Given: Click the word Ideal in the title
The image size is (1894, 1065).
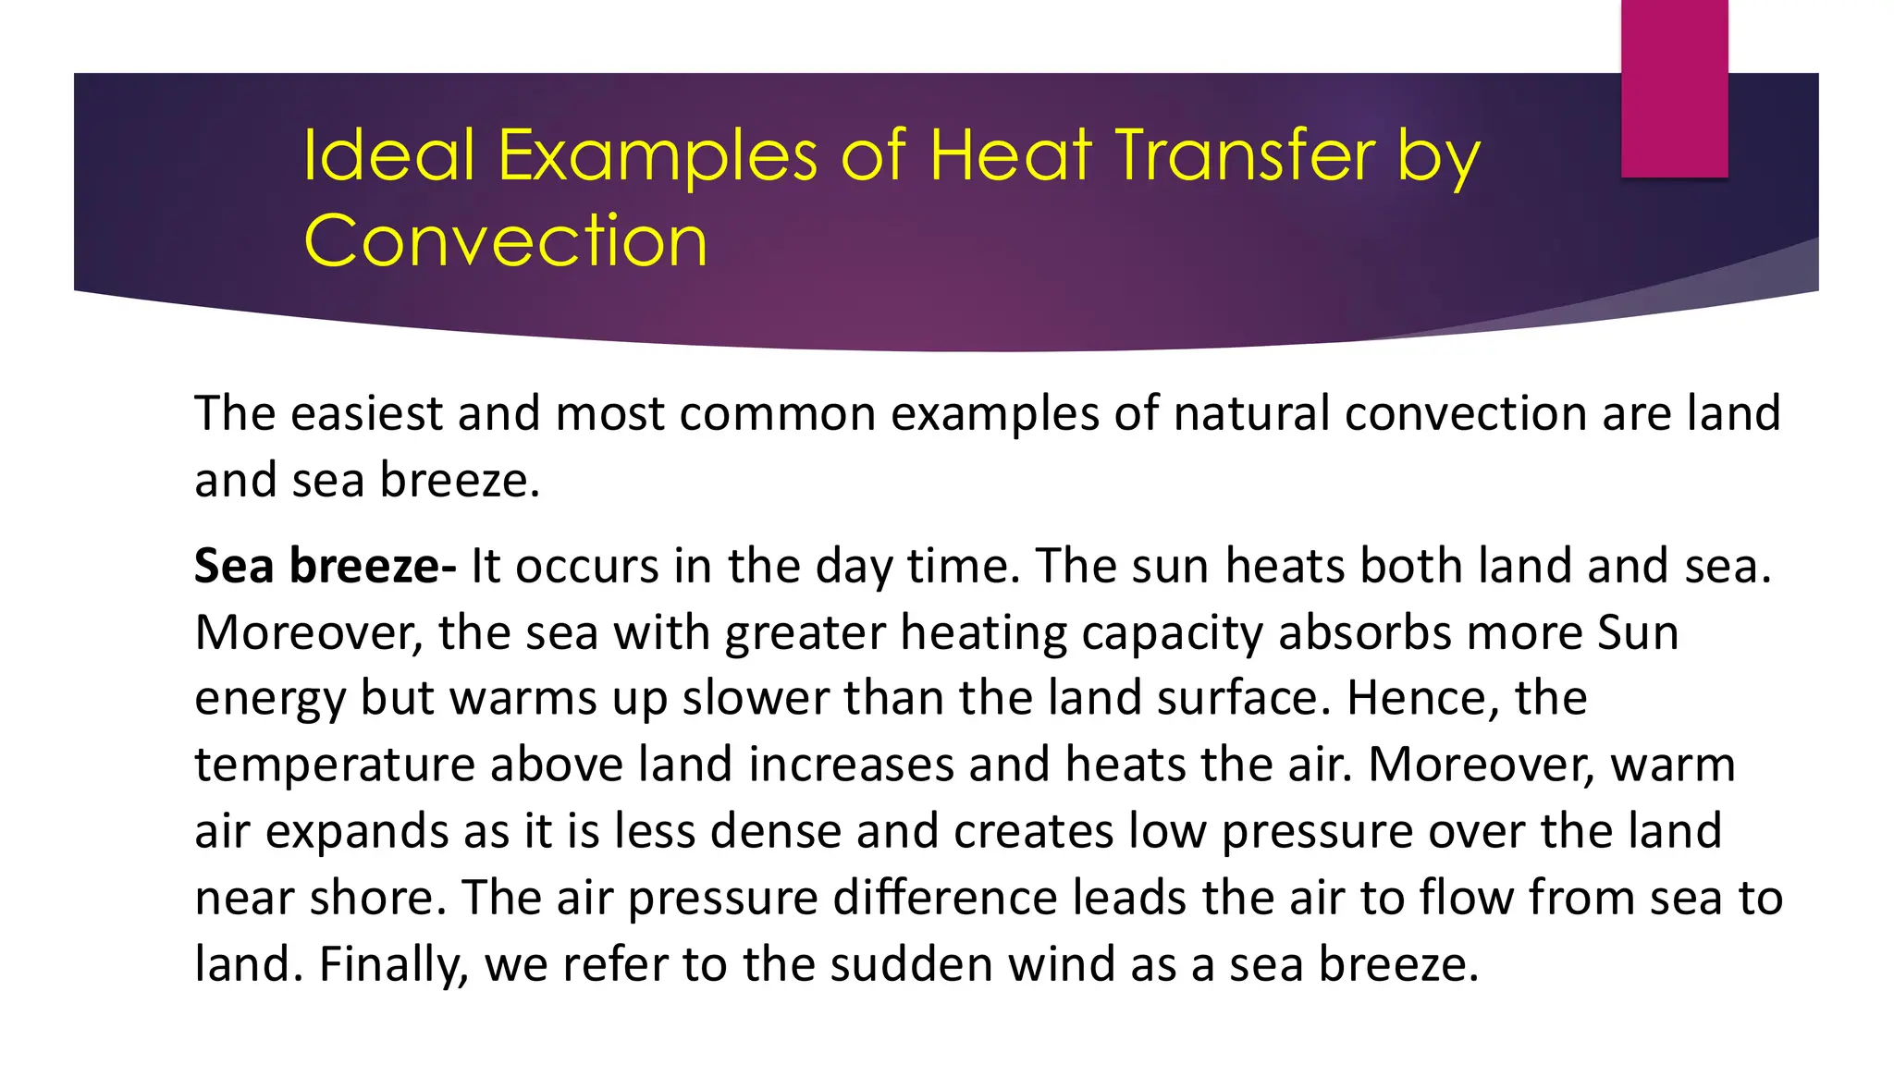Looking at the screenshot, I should [388, 154].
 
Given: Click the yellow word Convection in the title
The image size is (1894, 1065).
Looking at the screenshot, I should [505, 240].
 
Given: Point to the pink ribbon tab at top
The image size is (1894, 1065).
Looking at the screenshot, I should [1674, 88].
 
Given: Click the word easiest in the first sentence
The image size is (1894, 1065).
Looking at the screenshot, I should [366, 413].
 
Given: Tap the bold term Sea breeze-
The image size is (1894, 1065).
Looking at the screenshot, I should [325, 566].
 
